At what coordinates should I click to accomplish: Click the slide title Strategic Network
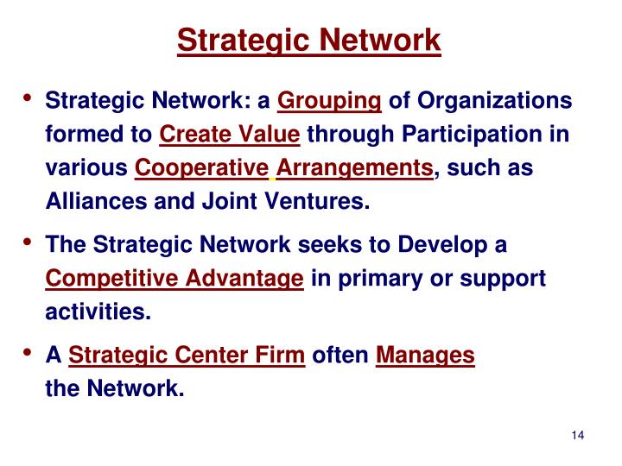(309, 40)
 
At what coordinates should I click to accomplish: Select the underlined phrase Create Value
(230, 135)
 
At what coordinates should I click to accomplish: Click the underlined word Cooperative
(202, 168)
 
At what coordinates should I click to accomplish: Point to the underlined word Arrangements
(354, 168)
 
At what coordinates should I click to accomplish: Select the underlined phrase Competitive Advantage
(174, 279)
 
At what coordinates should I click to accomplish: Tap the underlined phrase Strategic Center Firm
(186, 356)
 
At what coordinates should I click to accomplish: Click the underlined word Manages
(425, 356)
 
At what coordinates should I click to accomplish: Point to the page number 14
(579, 433)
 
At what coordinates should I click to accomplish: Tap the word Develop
(442, 246)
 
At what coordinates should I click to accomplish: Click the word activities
(98, 312)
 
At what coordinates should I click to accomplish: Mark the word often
(340, 356)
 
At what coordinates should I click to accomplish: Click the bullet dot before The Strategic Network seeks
(29, 242)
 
